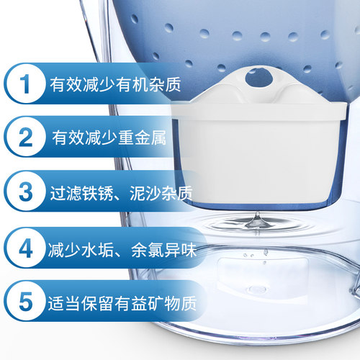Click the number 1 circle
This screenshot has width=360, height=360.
(x=25, y=84)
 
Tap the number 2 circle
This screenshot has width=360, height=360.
(x=25, y=137)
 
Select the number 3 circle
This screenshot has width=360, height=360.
(x=25, y=192)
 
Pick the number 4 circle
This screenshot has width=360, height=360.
(x=25, y=248)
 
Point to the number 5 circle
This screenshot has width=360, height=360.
(x=25, y=301)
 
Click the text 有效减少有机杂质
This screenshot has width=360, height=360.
(x=115, y=84)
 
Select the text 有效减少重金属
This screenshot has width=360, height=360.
(x=109, y=138)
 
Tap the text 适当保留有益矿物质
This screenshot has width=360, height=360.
(x=122, y=303)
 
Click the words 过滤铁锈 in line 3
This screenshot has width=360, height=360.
(x=81, y=193)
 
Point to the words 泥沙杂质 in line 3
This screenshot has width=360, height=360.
(x=161, y=193)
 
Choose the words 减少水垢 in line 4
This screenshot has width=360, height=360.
(x=81, y=250)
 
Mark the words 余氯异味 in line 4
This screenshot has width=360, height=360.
(x=164, y=250)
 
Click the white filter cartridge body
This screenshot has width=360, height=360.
(x=258, y=153)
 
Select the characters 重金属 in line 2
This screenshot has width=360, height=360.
(x=142, y=138)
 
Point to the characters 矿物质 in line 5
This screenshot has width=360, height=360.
(x=172, y=303)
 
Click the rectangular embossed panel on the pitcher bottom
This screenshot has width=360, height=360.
(x=262, y=276)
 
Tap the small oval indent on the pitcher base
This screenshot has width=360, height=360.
(x=258, y=289)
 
